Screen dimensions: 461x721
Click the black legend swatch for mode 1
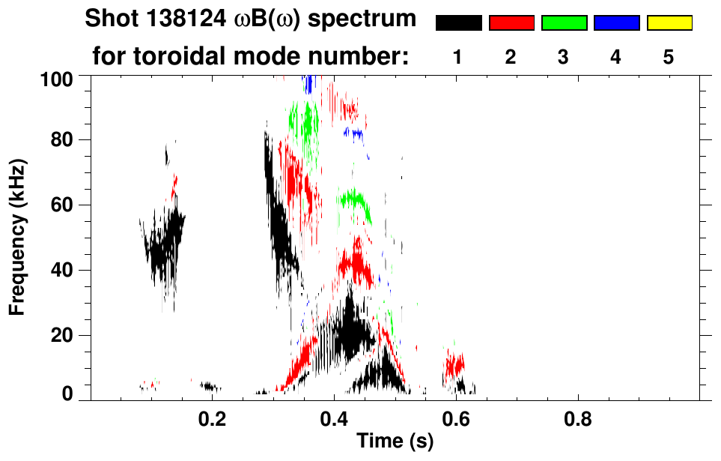(459, 23)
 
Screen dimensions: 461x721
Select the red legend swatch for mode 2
(511, 23)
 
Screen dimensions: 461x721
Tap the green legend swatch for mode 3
(564, 23)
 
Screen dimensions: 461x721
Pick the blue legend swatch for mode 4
(616, 23)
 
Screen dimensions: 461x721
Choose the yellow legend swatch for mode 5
(669, 23)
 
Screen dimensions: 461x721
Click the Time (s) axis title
(394, 442)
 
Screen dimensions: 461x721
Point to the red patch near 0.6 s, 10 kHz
(454, 366)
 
